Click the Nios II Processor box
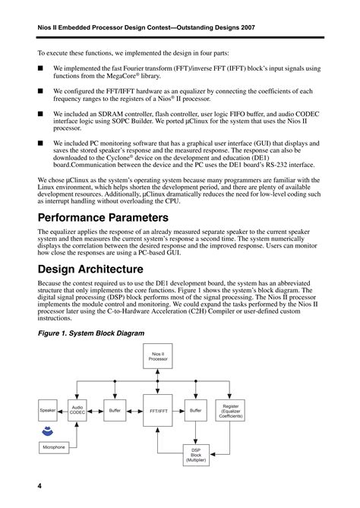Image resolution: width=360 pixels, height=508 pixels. click(158, 355)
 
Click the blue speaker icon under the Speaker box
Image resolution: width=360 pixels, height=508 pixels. click(48, 431)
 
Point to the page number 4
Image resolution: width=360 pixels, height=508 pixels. click(39, 485)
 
